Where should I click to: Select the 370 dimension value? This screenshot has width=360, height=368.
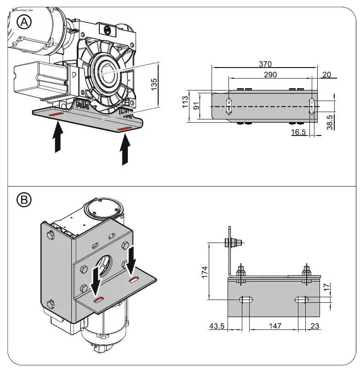pyautogui.click(x=265, y=64)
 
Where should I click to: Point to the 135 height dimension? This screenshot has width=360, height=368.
pyautogui.click(x=154, y=84)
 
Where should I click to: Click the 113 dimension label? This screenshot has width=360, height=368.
pyautogui.click(x=185, y=102)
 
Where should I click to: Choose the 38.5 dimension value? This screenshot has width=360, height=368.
pyautogui.click(x=329, y=123)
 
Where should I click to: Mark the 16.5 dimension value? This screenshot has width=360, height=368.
pyautogui.click(x=299, y=132)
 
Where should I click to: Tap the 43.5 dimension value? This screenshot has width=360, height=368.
pyautogui.click(x=217, y=326)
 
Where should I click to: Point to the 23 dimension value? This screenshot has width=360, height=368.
pyautogui.click(x=315, y=326)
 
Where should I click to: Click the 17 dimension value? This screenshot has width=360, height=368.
pyautogui.click(x=326, y=287)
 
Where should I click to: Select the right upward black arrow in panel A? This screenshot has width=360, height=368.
pyautogui.click(x=125, y=151)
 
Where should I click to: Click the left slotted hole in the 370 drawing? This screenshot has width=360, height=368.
pyautogui.click(x=229, y=106)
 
